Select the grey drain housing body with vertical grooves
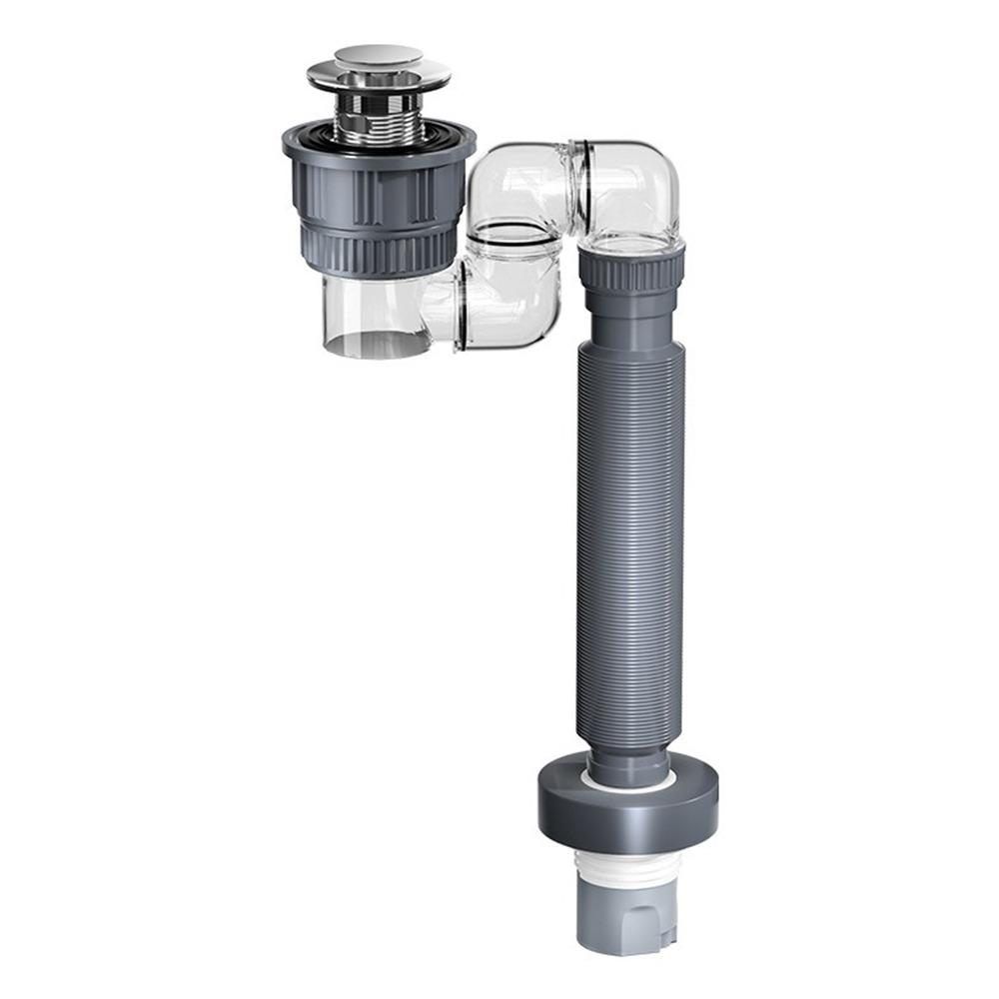378,190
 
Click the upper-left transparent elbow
519,190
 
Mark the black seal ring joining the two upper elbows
576,190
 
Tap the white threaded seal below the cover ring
628,859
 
